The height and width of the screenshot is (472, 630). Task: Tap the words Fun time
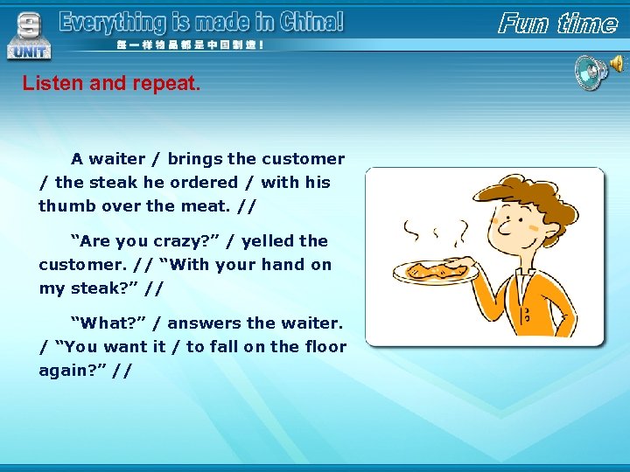click(x=557, y=23)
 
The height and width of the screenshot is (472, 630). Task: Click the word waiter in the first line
click(x=117, y=159)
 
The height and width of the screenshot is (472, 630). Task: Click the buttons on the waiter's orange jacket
click(x=526, y=315)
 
